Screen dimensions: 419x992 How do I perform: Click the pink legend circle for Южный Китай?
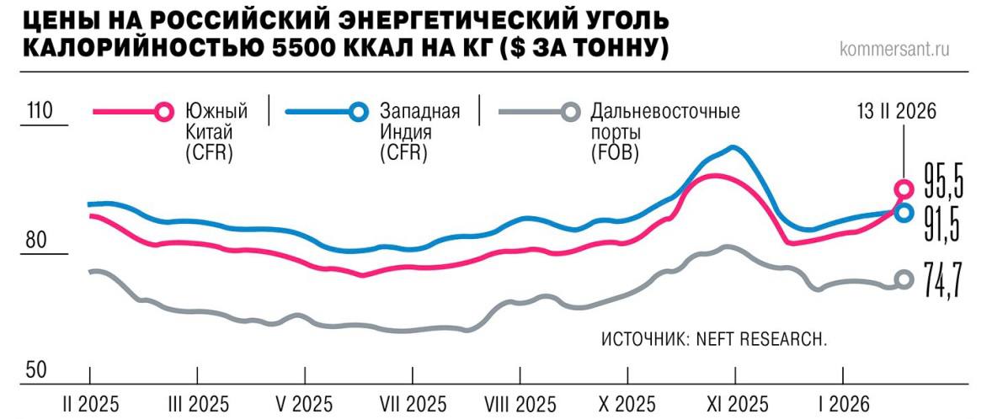[x=165, y=111]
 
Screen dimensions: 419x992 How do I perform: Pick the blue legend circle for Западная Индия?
[x=359, y=111]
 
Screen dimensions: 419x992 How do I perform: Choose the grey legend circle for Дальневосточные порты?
[x=570, y=111]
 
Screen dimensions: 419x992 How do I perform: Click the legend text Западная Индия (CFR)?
[x=419, y=132]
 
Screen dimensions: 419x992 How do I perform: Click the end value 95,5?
[x=944, y=179]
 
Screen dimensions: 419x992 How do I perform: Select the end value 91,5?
[x=944, y=223]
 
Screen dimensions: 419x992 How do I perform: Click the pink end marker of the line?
[x=903, y=188]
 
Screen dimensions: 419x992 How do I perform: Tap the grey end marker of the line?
[x=903, y=280]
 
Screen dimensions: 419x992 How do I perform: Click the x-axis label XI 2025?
[x=733, y=401]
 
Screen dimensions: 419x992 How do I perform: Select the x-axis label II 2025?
[x=91, y=401]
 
